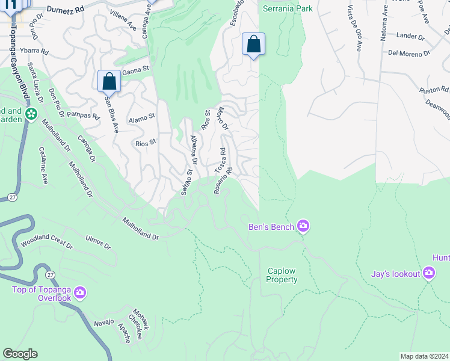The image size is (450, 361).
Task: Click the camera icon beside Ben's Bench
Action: coord(303,226)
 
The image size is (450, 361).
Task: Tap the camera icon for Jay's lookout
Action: coord(428,274)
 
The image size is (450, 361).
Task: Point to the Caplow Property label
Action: coord(282,275)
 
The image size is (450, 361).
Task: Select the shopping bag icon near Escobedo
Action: coord(253,44)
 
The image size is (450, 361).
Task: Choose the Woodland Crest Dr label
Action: coord(47,245)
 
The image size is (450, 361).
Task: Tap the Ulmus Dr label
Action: coord(98,242)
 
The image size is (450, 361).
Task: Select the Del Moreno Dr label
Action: coord(409,53)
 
